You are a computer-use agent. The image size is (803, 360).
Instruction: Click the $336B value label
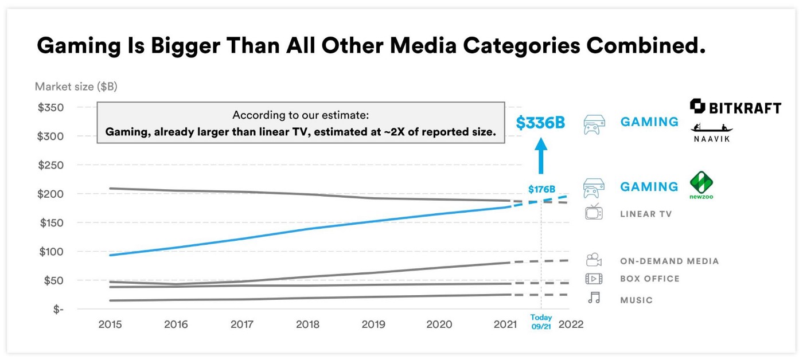(x=540, y=123)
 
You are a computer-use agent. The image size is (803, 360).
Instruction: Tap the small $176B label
(x=541, y=189)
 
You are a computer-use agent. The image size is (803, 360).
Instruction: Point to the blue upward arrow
(x=541, y=156)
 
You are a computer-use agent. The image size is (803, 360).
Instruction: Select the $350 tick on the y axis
(x=51, y=108)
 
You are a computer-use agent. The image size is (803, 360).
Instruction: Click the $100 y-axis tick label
(x=51, y=252)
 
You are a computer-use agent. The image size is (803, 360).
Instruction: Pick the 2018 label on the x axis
(x=307, y=324)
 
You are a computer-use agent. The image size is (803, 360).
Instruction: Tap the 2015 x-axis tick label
(x=110, y=324)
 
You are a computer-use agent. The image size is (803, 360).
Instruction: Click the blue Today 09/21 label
(x=541, y=322)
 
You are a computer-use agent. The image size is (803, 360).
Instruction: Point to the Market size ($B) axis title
(x=76, y=87)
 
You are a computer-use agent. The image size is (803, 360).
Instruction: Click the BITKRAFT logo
(x=735, y=107)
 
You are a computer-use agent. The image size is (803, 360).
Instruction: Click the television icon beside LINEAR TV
(x=594, y=212)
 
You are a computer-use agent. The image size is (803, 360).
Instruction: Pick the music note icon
(x=594, y=298)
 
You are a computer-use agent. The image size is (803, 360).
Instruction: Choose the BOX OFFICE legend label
(x=649, y=279)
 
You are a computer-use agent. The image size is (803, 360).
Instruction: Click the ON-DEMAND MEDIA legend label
(x=669, y=261)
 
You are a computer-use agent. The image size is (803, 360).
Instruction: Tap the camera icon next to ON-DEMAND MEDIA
(x=594, y=260)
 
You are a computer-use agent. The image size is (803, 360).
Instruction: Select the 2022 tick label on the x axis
(x=571, y=324)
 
